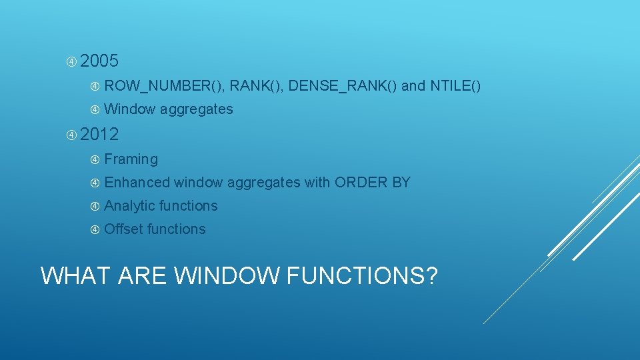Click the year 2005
(99, 62)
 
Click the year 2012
(99, 135)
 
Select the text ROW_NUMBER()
(163, 86)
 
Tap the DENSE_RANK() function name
(343, 86)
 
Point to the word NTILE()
(455, 86)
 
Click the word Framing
(131, 159)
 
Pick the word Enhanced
(137, 183)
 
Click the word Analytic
(130, 206)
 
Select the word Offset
(124, 229)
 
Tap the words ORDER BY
(373, 183)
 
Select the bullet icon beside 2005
(71, 62)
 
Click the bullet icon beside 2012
(71, 135)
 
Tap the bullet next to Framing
(95, 159)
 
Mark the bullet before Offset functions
(95, 229)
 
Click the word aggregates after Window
(197, 109)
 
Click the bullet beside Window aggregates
(95, 109)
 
